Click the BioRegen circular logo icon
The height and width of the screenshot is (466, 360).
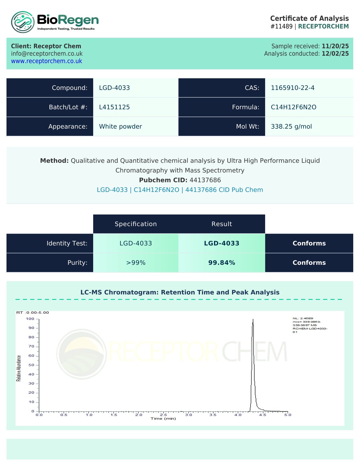point(23,22)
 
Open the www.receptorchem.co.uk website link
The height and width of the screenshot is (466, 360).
point(47,61)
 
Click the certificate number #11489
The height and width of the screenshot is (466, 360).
point(281,26)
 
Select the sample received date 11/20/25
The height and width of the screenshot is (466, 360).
point(335,46)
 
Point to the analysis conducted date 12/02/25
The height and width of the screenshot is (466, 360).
point(335,54)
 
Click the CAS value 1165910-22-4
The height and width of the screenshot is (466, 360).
point(293,88)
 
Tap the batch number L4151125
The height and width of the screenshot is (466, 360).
point(114,107)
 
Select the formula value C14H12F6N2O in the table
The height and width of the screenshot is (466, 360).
point(293,107)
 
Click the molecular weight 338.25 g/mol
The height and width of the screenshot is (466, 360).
point(291,126)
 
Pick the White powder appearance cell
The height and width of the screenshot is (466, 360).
point(120,126)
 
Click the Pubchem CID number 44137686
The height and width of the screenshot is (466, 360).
point(205,180)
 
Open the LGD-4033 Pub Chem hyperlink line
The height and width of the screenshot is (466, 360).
point(180,190)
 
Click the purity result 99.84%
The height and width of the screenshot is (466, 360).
point(222,263)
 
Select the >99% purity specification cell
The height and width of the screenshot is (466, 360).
point(136,263)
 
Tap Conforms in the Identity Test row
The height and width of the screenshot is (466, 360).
point(309,243)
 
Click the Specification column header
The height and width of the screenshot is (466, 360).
point(136,224)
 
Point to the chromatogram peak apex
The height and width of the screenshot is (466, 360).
point(253,320)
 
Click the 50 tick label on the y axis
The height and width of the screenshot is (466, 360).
point(31,365)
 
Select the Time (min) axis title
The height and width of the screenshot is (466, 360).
point(163,419)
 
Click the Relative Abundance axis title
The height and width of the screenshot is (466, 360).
point(19,368)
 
